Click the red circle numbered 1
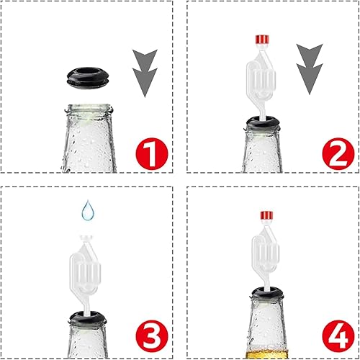(152, 154)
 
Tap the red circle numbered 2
(338, 154)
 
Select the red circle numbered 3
(152, 336)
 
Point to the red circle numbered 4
(338, 336)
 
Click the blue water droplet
(88, 210)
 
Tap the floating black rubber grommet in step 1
(88, 78)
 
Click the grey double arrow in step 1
(145, 73)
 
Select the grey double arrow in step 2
(310, 69)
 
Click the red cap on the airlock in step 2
(261, 40)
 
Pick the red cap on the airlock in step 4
(267, 215)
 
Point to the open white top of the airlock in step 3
(86, 238)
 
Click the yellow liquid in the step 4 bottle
(267, 354)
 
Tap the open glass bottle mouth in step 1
(89, 109)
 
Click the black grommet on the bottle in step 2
(263, 123)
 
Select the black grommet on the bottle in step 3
(88, 318)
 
